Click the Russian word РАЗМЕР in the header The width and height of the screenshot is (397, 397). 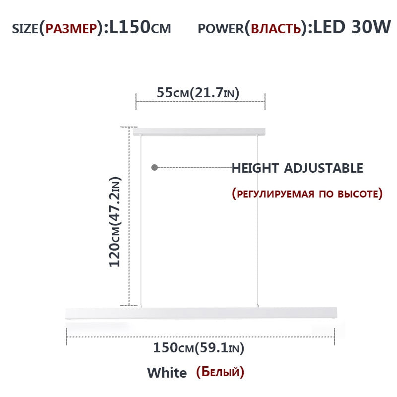tap(71, 28)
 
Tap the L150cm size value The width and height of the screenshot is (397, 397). tap(139, 27)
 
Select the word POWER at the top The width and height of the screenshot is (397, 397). tap(220, 28)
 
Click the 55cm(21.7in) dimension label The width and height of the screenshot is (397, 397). tap(198, 92)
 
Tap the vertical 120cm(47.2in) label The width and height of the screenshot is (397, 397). tap(115, 221)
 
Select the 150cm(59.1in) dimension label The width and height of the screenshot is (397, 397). tap(198, 348)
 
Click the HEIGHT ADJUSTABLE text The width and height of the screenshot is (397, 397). tap(297, 168)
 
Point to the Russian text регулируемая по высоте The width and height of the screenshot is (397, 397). tap(307, 193)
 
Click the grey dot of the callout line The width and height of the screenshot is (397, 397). tap(154, 168)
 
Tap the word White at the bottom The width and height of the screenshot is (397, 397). tap(167, 372)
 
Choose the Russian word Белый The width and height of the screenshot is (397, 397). tap(220, 371)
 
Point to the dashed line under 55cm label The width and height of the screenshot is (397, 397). tap(200, 102)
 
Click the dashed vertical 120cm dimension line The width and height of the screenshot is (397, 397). tap(130, 218)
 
